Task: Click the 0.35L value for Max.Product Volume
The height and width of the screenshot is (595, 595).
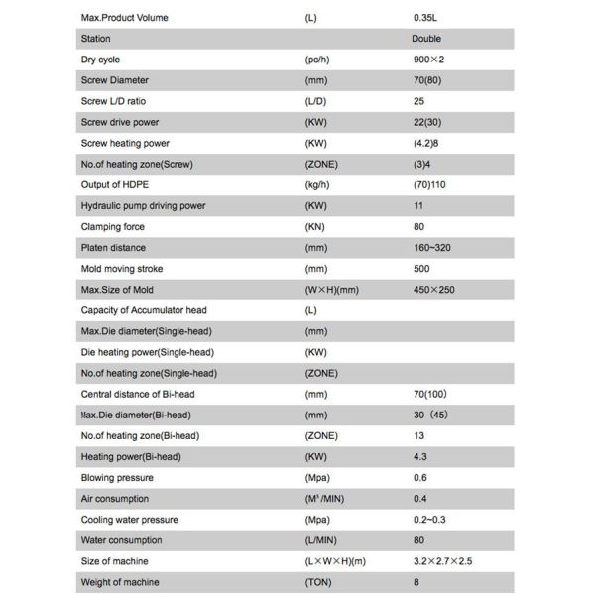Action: [x=427, y=18]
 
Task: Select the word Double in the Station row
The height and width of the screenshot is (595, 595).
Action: [x=426, y=39]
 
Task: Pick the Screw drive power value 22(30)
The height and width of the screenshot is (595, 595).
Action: [x=428, y=122]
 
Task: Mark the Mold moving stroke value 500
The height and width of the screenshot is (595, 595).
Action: [x=421, y=268]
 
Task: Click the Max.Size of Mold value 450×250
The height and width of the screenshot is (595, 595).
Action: [x=435, y=290]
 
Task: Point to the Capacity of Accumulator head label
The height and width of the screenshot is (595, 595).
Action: [x=143, y=310]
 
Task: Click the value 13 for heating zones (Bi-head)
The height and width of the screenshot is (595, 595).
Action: [x=418, y=435]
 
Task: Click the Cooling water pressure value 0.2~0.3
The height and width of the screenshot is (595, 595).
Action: [x=430, y=519]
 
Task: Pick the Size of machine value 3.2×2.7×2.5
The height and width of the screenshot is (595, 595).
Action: [x=443, y=561]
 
